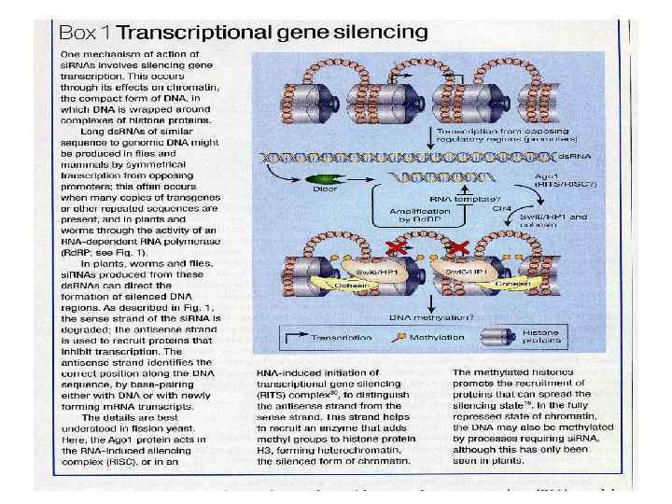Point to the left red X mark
[397, 247]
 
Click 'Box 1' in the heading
[88, 32]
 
